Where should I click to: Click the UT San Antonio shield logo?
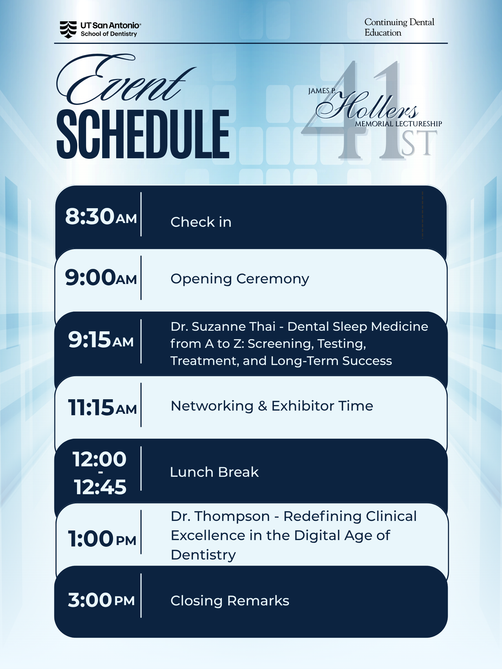[x=68, y=30]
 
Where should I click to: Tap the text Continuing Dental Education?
[x=399, y=27]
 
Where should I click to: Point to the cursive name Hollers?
[x=367, y=106]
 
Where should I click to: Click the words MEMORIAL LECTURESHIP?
[x=398, y=124]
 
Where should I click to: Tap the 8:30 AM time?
[x=101, y=217]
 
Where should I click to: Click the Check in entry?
[x=201, y=222]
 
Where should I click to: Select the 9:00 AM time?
[x=101, y=278]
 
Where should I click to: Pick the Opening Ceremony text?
[x=240, y=279]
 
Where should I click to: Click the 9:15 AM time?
[x=101, y=340]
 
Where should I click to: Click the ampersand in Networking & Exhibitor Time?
[x=262, y=406]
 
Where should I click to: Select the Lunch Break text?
[x=214, y=472]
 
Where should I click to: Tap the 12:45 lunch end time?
[x=100, y=487]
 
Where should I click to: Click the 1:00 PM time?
[x=102, y=539]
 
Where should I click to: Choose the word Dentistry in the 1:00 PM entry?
[x=203, y=555]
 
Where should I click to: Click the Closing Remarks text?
[x=230, y=601]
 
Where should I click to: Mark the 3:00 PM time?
[x=101, y=600]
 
